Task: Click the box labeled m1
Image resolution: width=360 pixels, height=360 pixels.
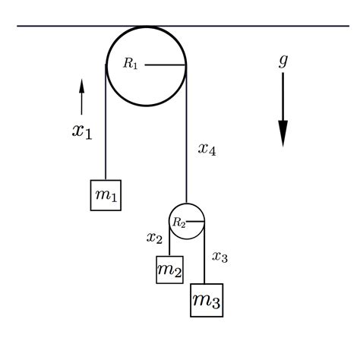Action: tap(106, 195)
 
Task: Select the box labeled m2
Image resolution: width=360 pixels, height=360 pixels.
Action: tap(169, 270)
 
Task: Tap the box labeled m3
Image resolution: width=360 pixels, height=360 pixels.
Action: tap(207, 300)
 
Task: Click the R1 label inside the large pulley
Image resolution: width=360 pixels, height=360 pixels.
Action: tap(131, 63)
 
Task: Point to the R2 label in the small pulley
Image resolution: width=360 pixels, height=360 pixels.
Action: tap(179, 223)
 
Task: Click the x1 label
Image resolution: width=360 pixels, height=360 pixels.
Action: tap(82, 132)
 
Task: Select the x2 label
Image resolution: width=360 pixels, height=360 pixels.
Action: tap(154, 238)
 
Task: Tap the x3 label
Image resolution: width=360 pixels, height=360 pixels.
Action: tap(219, 257)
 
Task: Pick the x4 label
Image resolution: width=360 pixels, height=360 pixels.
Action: tap(207, 149)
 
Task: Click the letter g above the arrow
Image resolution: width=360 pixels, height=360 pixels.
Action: tap(283, 61)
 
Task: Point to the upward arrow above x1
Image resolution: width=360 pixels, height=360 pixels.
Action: tap(81, 97)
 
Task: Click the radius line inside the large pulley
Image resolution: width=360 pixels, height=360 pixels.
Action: tap(166, 65)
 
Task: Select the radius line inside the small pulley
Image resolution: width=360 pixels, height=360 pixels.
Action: tap(195, 222)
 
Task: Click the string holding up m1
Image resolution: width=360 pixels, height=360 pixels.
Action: tap(106, 122)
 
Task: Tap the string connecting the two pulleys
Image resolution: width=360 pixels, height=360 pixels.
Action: tap(187, 134)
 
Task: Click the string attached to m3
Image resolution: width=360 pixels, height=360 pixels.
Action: tap(204, 252)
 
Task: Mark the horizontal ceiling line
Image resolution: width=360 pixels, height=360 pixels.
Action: tap(183, 26)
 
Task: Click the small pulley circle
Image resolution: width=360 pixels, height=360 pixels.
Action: tap(169, 221)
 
